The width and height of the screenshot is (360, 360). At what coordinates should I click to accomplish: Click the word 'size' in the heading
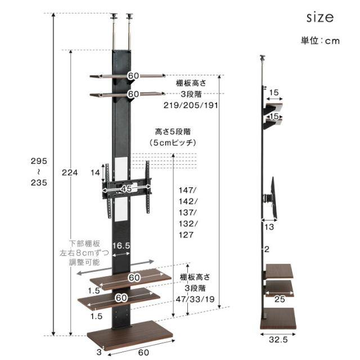click(320, 17)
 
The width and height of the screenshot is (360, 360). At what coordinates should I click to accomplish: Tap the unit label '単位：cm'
click(320, 41)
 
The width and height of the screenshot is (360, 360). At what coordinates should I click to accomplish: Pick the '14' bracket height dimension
click(96, 173)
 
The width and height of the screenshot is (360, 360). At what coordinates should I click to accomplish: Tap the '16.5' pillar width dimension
click(121, 246)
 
